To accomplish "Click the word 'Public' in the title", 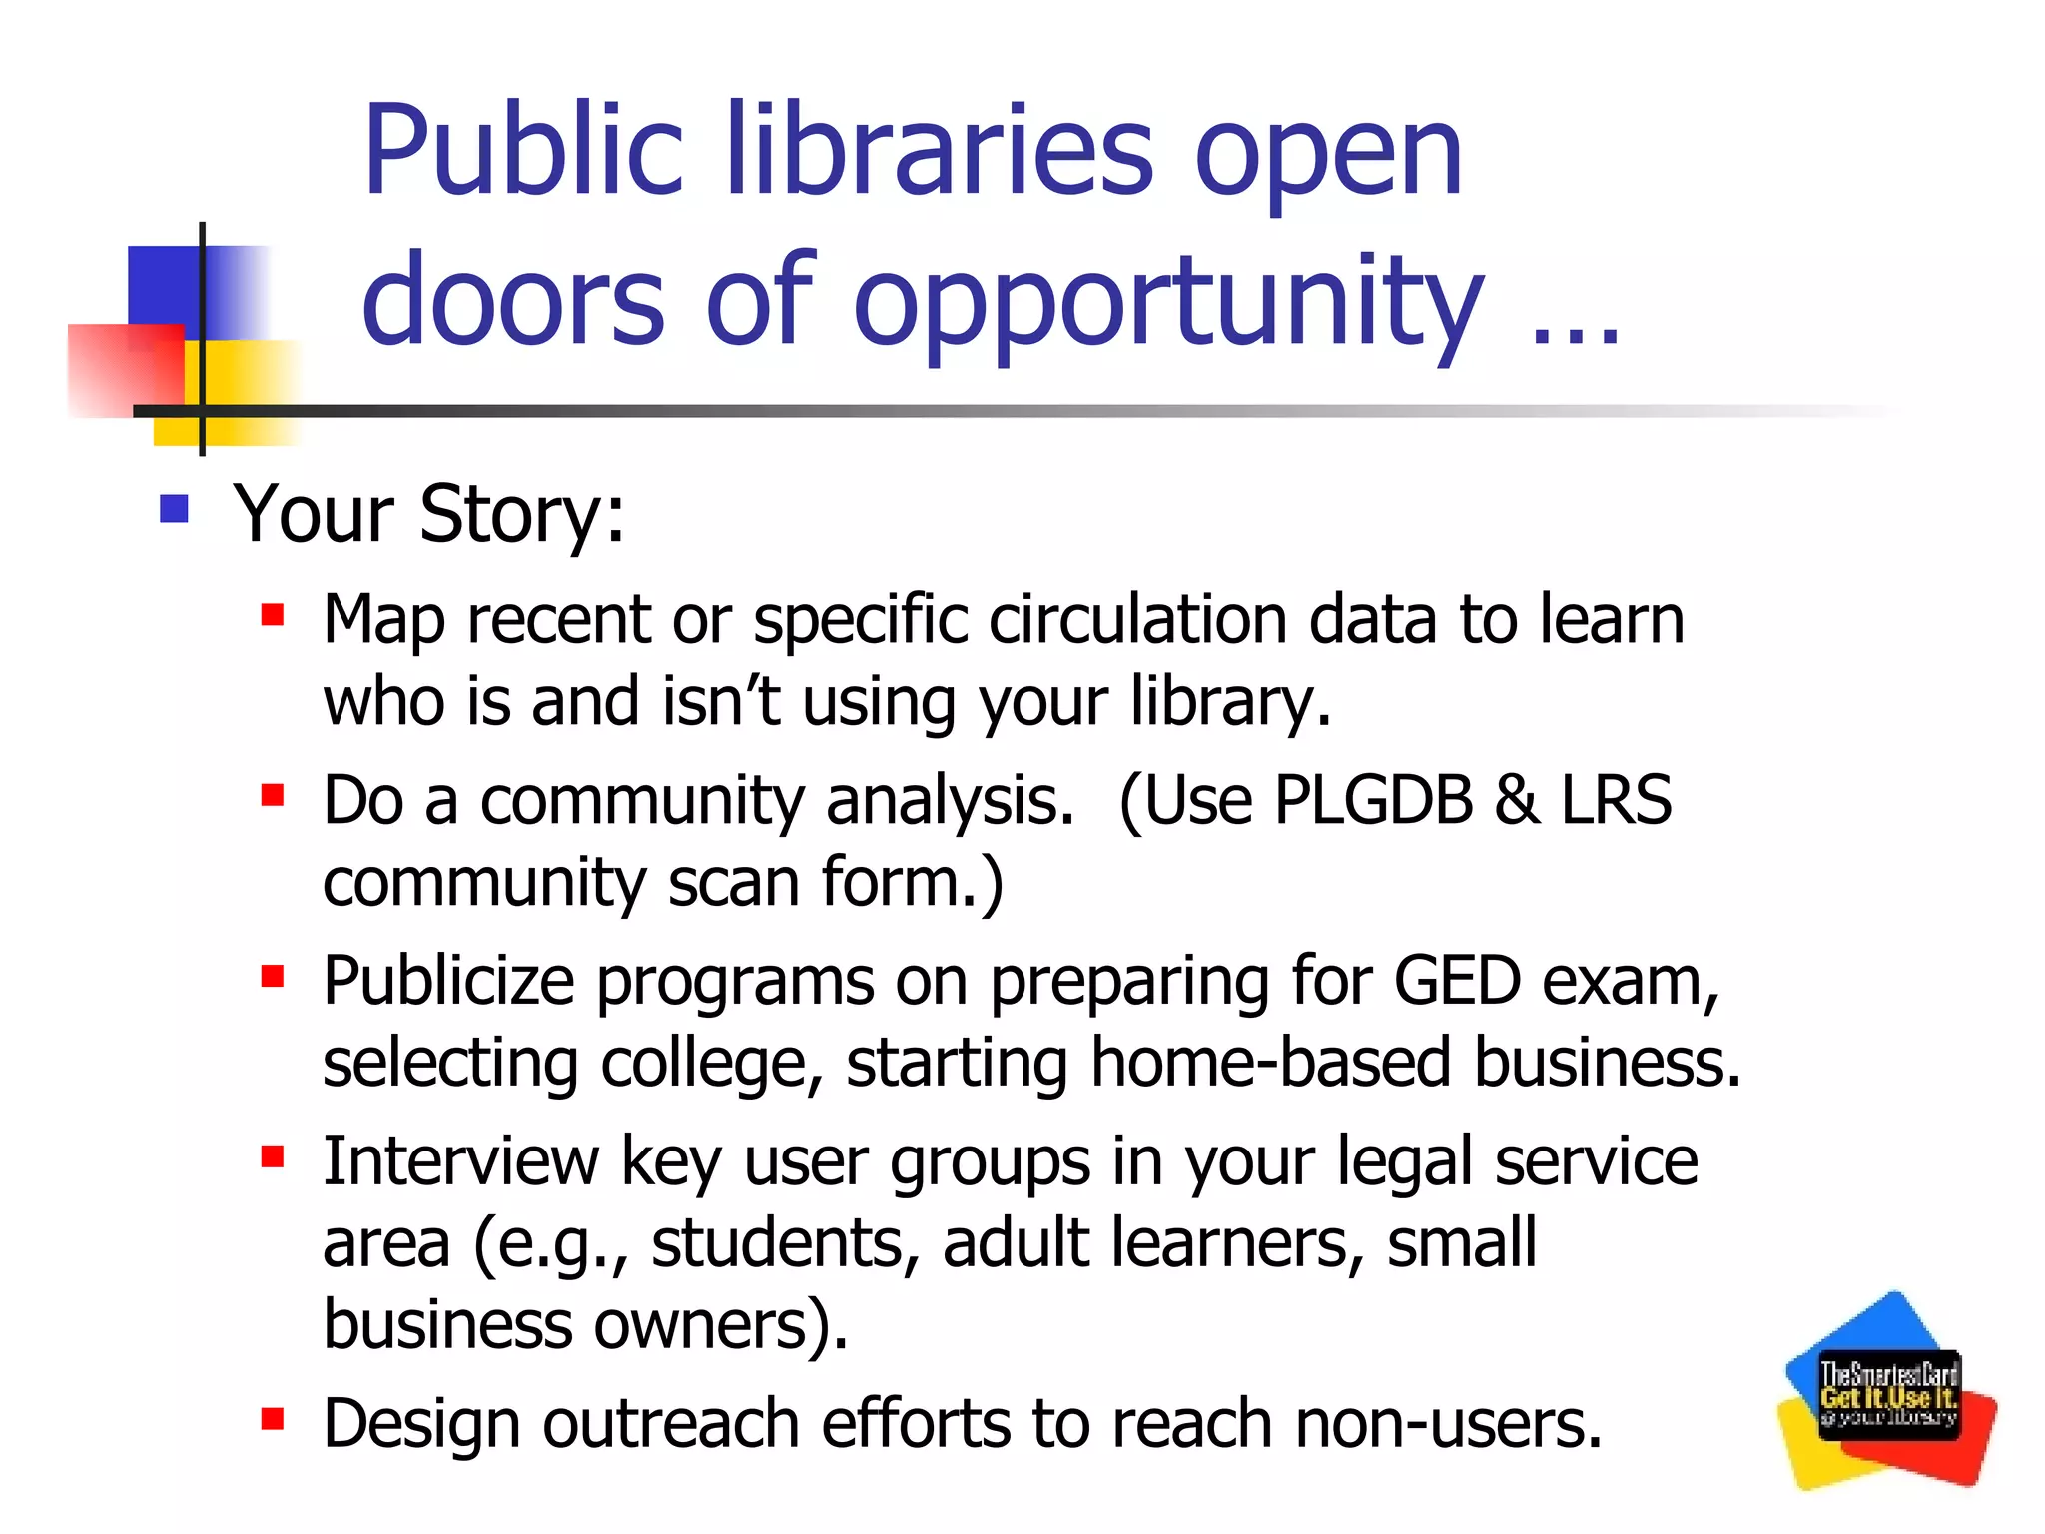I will tap(522, 152).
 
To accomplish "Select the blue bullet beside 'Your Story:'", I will tap(175, 509).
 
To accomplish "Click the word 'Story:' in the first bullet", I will tap(522, 514).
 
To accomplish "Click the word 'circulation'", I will tap(1137, 619).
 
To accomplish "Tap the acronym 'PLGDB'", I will tap(1373, 800).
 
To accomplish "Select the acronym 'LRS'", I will tap(1616, 800).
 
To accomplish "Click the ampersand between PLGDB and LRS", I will tap(1516, 800).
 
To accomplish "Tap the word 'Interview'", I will tap(460, 1161).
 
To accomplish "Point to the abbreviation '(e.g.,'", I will tap(550, 1245).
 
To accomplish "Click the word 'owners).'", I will tap(721, 1325).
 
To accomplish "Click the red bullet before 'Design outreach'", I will tap(273, 1418).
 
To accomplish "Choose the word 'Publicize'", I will tap(448, 981).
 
